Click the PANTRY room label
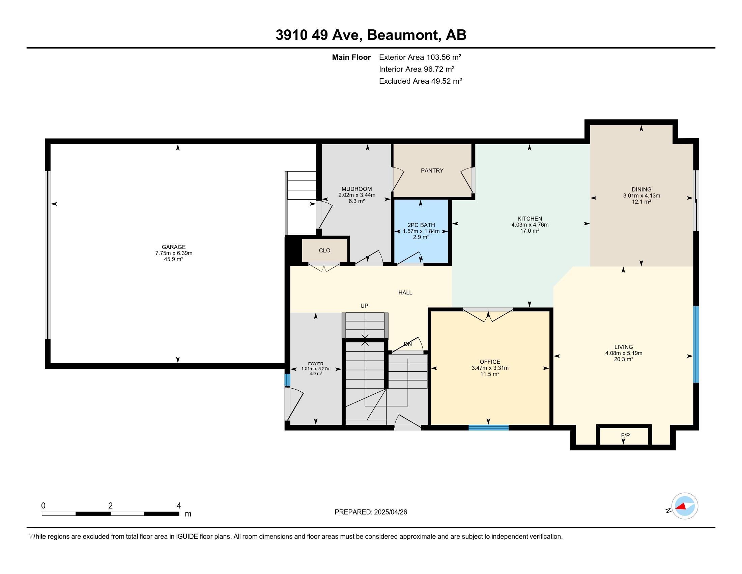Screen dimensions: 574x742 tap(432, 171)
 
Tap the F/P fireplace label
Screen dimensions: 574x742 tap(625, 436)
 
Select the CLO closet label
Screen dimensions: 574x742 tap(324, 251)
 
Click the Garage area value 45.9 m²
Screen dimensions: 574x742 tap(174, 259)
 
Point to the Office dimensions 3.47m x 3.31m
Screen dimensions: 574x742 tap(490, 368)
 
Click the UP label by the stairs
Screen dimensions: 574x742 tap(364, 306)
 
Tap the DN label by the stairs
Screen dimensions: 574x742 tap(408, 344)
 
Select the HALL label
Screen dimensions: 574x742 tap(405, 292)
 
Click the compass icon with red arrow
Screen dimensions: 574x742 tap(685, 506)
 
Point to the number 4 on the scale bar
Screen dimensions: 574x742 tap(179, 506)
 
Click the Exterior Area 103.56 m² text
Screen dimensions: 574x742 tap(420, 57)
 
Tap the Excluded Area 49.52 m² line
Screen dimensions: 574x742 tap(420, 81)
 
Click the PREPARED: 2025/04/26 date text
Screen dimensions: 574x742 tap(371, 512)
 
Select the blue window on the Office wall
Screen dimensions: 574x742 tap(488, 428)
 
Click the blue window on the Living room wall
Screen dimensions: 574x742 tap(695, 344)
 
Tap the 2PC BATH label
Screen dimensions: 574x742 tap(421, 225)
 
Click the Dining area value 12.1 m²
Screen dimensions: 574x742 tap(641, 202)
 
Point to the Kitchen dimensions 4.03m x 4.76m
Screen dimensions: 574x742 tap(530, 225)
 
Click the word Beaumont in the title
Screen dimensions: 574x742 tap(403, 35)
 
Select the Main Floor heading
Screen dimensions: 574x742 tap(351, 57)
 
